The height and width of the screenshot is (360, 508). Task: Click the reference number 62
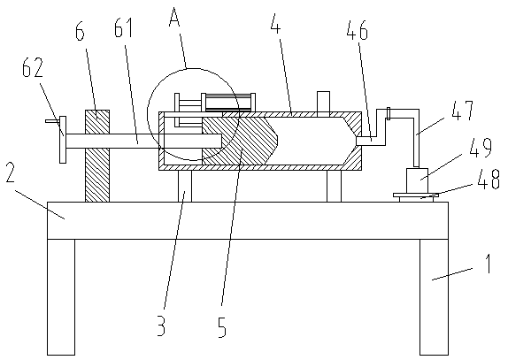33,67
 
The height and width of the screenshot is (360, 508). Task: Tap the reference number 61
124,29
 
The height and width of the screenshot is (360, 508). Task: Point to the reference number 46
358,30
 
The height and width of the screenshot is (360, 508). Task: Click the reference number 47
463,111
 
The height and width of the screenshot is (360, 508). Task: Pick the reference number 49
481,149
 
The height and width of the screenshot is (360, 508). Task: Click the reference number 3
161,326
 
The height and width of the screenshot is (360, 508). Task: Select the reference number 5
222,327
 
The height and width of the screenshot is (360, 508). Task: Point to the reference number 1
488,264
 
